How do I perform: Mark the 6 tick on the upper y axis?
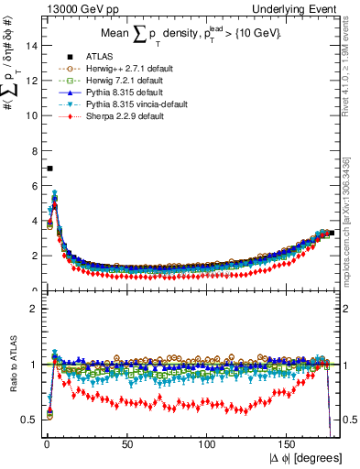[33, 186]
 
